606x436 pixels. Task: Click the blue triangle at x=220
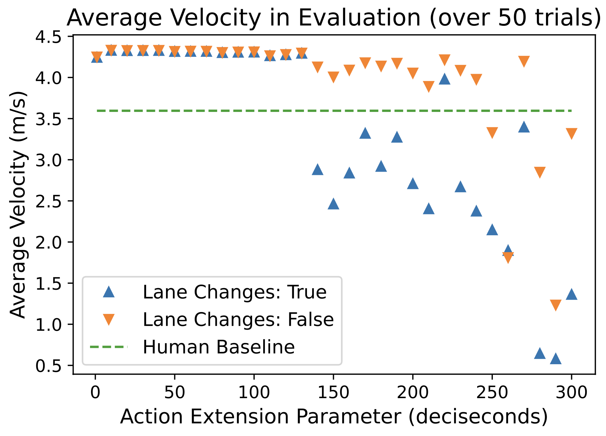[x=445, y=79]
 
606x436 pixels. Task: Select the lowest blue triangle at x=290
[x=556, y=359]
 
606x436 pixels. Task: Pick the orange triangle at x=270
[x=524, y=61]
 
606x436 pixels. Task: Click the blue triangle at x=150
[x=333, y=204]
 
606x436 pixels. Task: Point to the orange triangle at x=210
[x=429, y=86]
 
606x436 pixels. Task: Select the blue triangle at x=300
[x=571, y=294]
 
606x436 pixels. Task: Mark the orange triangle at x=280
[x=540, y=172]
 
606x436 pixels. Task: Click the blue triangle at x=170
[x=365, y=133]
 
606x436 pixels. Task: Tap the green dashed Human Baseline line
[x=326, y=111]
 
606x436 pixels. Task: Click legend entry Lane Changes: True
[x=234, y=292]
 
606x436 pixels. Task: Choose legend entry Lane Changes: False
[x=238, y=319]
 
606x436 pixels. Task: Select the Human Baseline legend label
[x=219, y=347]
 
